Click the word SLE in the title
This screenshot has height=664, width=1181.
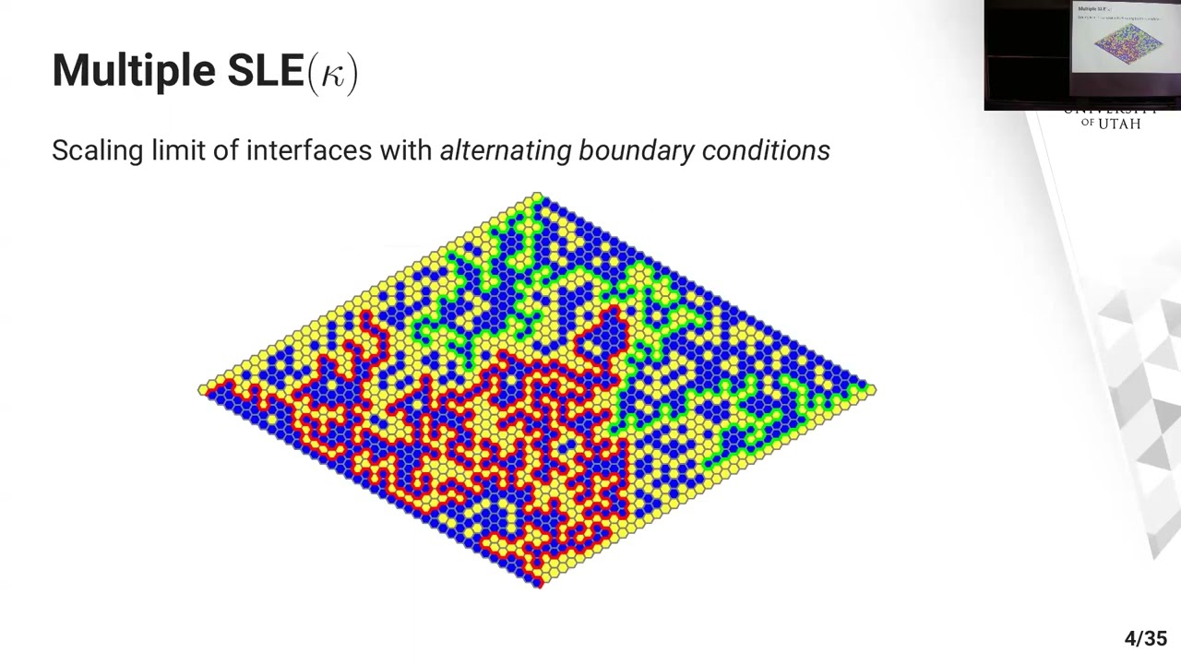coord(266,71)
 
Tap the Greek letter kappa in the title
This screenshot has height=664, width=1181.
coord(332,74)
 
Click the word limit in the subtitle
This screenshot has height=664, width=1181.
coord(175,150)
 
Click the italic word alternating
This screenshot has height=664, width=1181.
coord(506,151)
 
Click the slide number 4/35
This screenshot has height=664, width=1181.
coord(1145,639)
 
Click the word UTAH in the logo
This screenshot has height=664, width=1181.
coord(1119,124)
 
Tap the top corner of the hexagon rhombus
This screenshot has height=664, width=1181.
coord(538,196)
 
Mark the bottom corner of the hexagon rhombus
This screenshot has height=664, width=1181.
coord(539,583)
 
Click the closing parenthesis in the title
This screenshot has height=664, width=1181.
coord(352,73)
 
